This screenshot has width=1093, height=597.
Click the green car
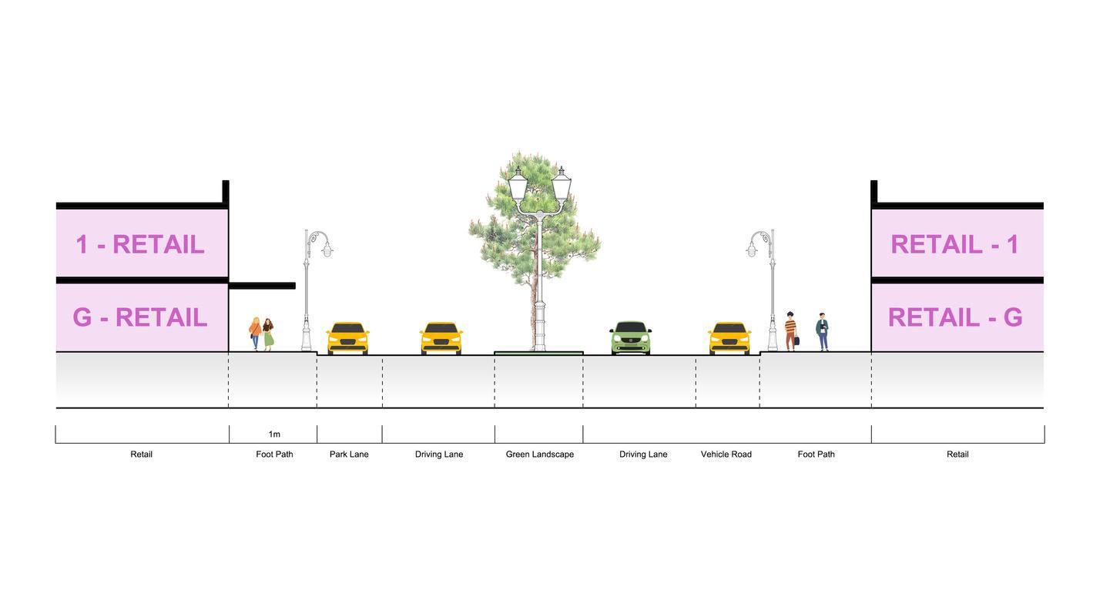pyautogui.click(x=631, y=337)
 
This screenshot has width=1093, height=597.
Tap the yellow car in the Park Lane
pyautogui.click(x=348, y=338)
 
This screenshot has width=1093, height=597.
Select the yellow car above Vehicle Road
pyautogui.click(x=729, y=338)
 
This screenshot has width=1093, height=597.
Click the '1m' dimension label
pyautogui.click(x=274, y=434)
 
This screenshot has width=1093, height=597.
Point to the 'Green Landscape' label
pyautogui.click(x=539, y=454)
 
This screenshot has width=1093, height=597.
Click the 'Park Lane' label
pyautogui.click(x=349, y=454)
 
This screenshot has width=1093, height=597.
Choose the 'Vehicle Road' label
pyautogui.click(x=726, y=454)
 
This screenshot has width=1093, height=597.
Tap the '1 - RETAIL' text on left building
pyautogui.click(x=139, y=244)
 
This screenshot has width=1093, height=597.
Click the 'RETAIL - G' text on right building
pyautogui.click(x=955, y=317)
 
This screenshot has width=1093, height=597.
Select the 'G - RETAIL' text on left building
pyautogui.click(x=139, y=317)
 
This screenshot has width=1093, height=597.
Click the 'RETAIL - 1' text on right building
pyautogui.click(x=955, y=244)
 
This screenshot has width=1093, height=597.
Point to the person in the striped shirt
pyautogui.click(x=790, y=331)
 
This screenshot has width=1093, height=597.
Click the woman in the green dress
pyautogui.click(x=268, y=334)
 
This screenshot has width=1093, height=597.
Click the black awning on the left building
pyautogui.click(x=262, y=286)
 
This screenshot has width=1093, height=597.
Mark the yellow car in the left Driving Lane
pyautogui.click(x=441, y=338)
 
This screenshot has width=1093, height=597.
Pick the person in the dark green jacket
pyautogui.click(x=823, y=331)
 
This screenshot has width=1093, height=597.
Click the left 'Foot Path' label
pyautogui.click(x=274, y=454)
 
